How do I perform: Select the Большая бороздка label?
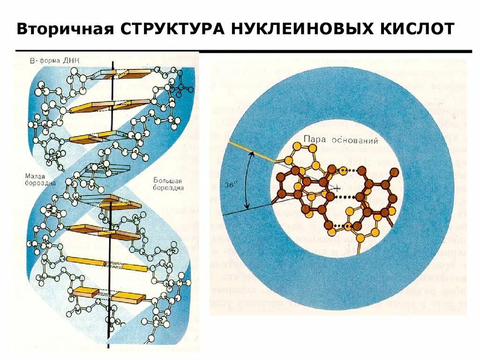click(x=168, y=184)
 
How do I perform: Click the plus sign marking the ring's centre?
click(x=337, y=188)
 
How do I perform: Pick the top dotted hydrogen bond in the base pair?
click(x=352, y=171)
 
